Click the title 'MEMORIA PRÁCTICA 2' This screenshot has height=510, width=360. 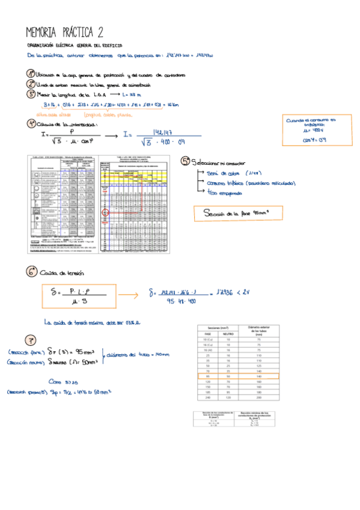pyautogui.click(x=65, y=32)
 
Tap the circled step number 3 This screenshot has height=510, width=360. pyautogui.click(x=31, y=94)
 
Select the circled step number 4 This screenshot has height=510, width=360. pyautogui.click(x=31, y=123)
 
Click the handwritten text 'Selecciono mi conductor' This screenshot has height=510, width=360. pyautogui.click(x=215, y=162)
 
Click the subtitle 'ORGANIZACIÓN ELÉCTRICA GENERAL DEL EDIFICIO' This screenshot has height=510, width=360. pyautogui.click(x=75, y=45)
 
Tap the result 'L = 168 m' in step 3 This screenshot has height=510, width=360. pyautogui.click(x=130, y=94)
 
